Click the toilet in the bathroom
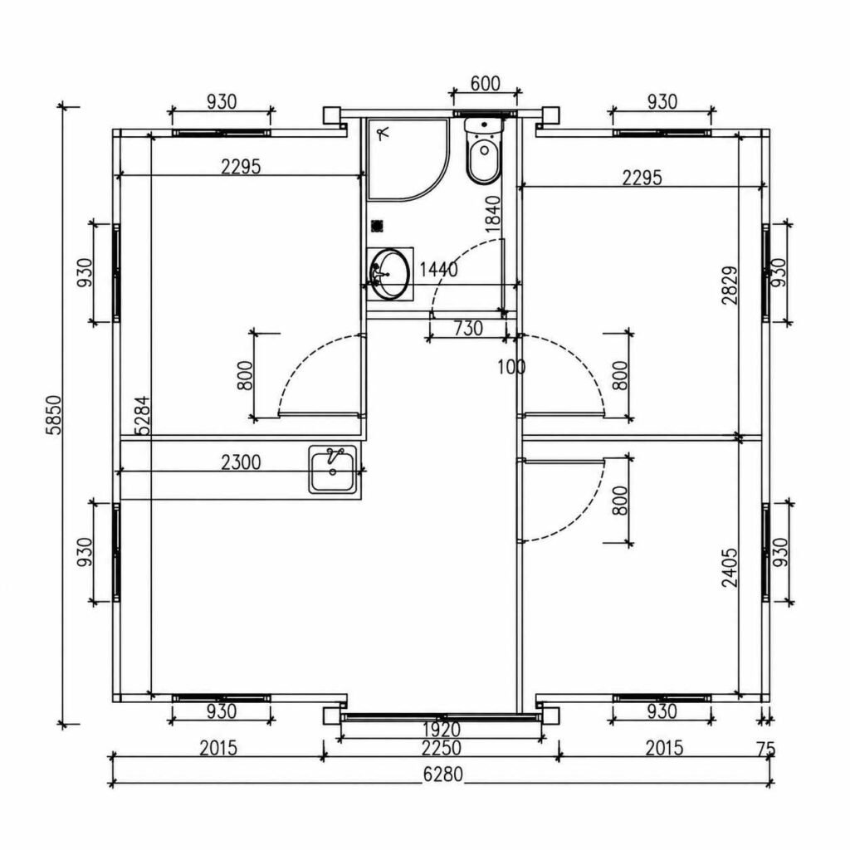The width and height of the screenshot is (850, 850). coord(484,150)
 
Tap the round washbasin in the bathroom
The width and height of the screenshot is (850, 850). coord(390,274)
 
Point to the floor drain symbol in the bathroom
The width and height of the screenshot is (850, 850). coord(378,226)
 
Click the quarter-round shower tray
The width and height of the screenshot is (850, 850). coord(408,159)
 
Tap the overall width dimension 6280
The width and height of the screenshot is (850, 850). coord(443,774)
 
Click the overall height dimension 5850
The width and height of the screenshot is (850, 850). coord(55,415)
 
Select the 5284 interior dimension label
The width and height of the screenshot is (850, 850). coord(142,416)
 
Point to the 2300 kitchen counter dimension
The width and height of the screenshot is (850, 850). coord(241,462)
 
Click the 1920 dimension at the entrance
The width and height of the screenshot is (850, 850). coord(442,730)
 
